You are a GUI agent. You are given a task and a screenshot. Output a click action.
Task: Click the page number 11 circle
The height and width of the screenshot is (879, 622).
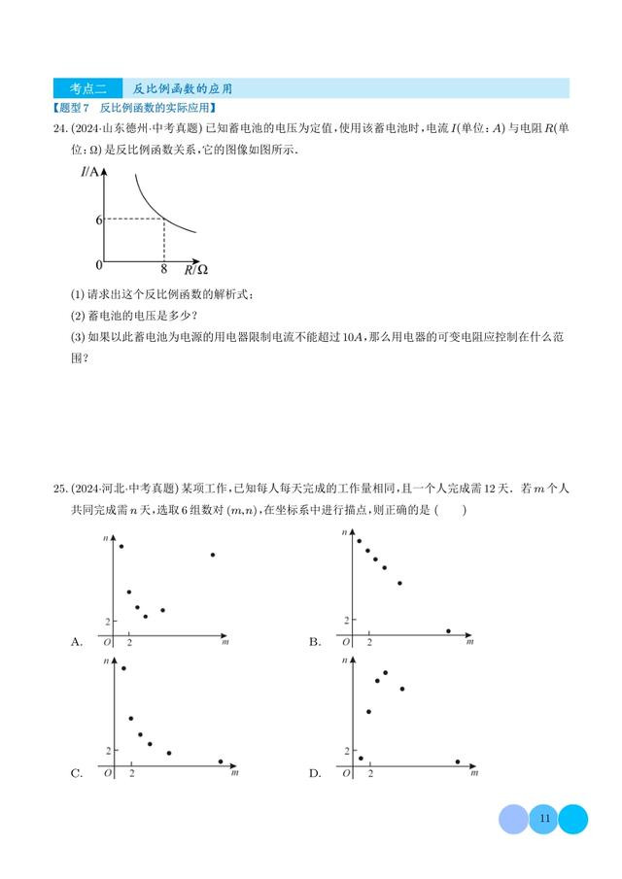543,819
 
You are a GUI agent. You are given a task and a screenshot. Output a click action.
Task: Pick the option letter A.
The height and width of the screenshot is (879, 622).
77,641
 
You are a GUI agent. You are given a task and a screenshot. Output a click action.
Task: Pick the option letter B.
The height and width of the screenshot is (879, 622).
315,641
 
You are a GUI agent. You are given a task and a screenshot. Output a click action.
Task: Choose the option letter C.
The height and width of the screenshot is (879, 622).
77,773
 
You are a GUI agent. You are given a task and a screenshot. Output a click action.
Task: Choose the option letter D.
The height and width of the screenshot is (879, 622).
315,773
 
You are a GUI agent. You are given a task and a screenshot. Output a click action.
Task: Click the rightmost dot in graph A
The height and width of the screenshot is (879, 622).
213,555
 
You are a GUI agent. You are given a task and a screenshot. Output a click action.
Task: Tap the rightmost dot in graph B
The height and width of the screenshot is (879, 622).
448,630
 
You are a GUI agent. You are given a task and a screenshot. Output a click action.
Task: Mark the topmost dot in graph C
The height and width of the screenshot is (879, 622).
123,668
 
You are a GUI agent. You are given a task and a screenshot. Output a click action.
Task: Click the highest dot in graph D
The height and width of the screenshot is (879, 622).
386,672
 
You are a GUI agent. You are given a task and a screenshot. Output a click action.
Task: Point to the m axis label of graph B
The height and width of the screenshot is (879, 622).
469,642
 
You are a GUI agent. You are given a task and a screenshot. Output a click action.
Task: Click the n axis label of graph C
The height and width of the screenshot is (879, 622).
106,661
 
